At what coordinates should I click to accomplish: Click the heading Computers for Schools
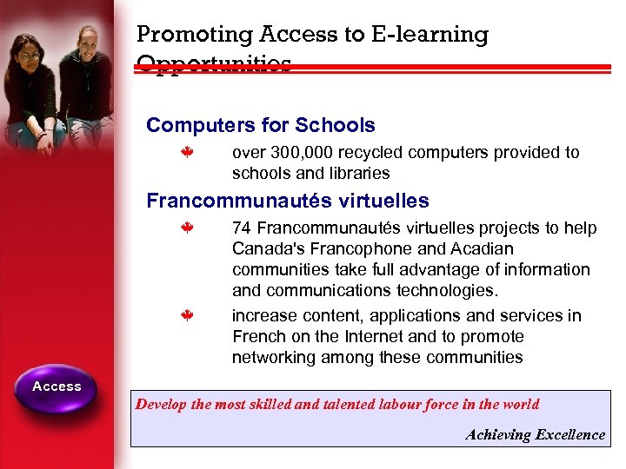pos(261,125)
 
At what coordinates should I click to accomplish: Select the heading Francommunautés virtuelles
pos(288,201)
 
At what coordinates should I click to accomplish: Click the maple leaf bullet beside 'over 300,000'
pos(186,153)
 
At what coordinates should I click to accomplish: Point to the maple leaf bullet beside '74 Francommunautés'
pos(186,228)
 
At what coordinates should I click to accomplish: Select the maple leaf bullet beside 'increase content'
pos(186,316)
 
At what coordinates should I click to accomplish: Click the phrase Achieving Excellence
pos(535,434)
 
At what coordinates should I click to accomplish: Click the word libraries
pos(356,173)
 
